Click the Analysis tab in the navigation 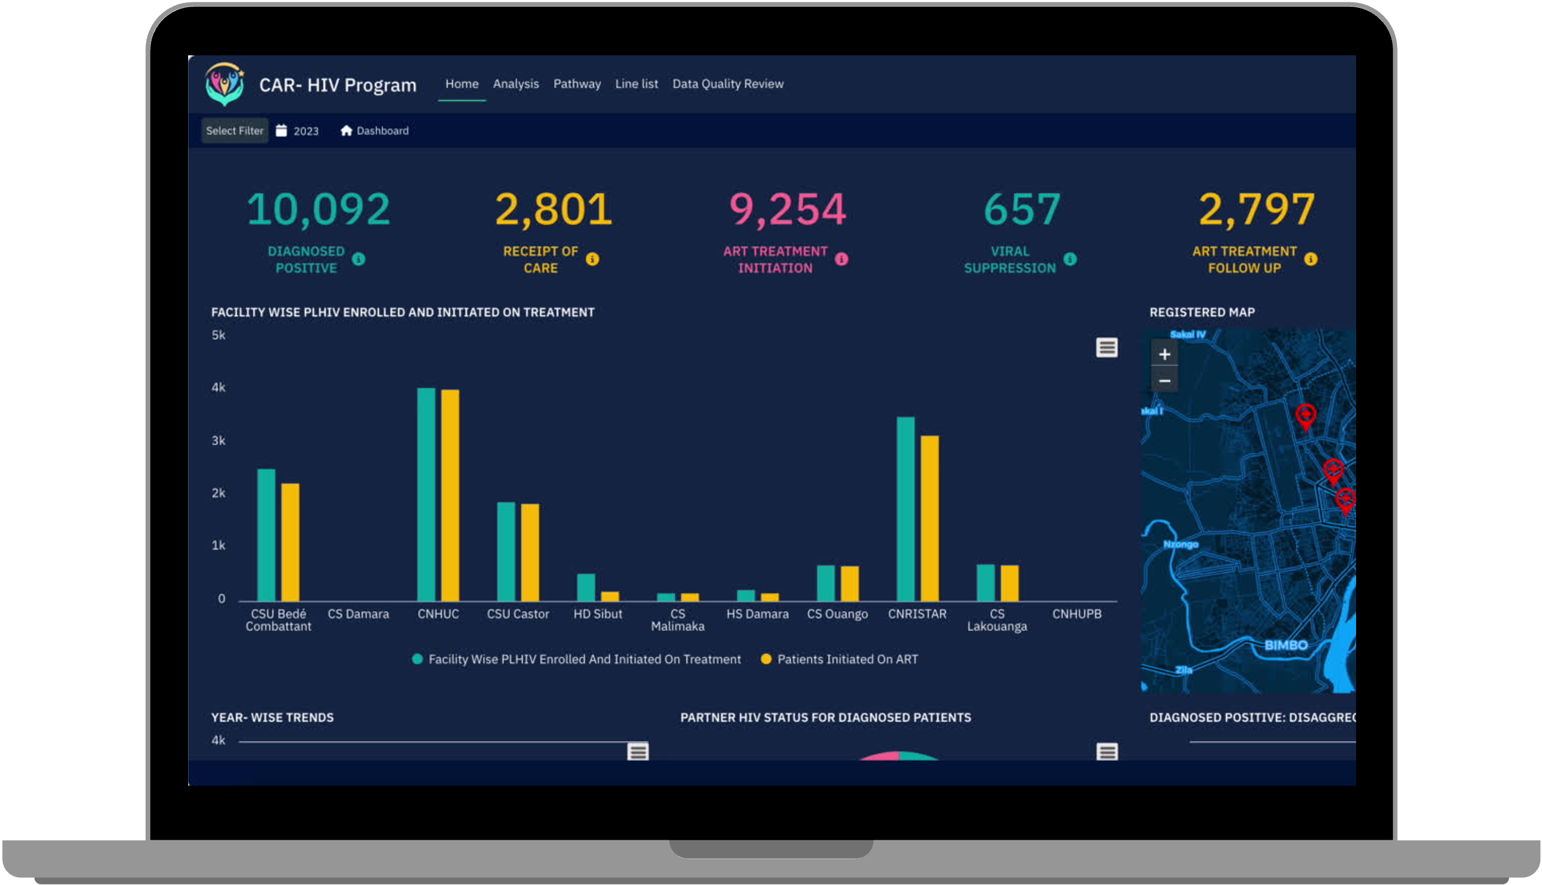point(516,84)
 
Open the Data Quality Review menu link point(727,84)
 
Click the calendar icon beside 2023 point(281,130)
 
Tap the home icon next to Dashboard point(346,130)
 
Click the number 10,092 point(318,209)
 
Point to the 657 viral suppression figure point(1022,209)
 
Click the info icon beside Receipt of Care point(592,260)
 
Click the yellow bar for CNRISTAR point(929,518)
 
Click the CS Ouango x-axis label point(837,614)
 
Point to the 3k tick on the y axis point(218,441)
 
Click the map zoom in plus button point(1164,354)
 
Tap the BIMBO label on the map point(1286,645)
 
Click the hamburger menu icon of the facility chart point(1106,348)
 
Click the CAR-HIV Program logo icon point(225,84)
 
